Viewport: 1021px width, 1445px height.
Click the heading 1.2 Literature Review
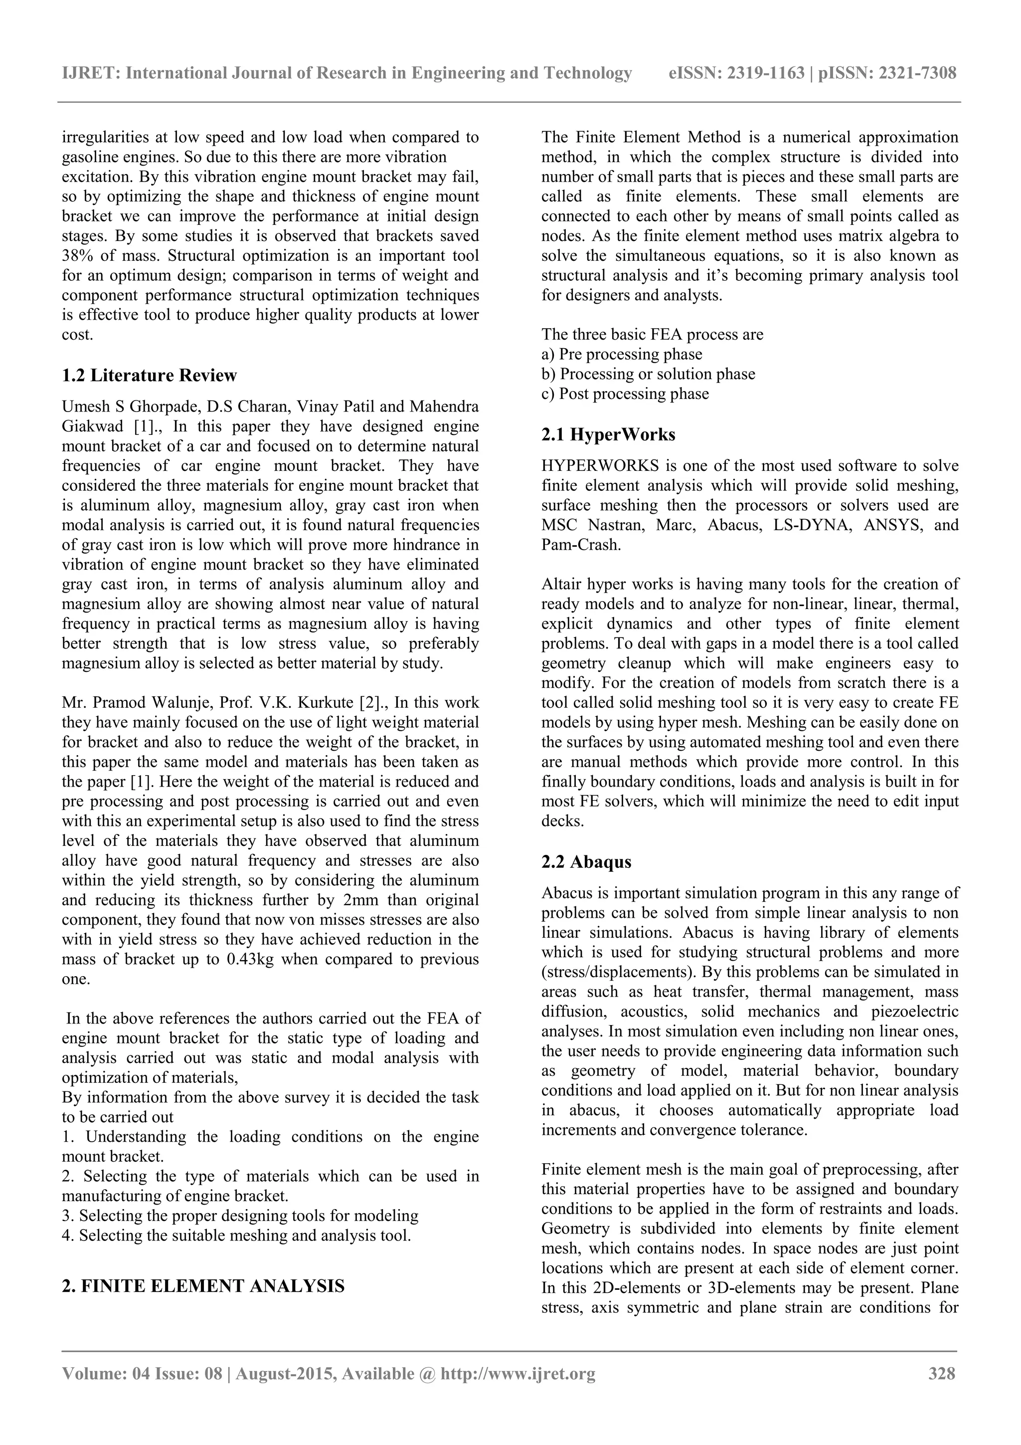149,376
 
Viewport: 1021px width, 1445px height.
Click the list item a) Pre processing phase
622,354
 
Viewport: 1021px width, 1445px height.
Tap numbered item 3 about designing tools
240,1216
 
